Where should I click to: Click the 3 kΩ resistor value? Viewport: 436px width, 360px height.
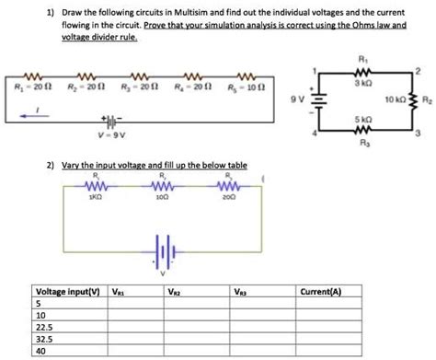(364, 85)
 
